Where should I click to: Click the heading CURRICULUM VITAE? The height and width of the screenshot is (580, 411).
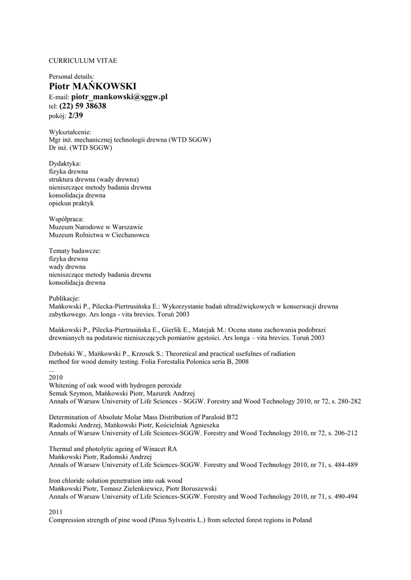tap(83, 60)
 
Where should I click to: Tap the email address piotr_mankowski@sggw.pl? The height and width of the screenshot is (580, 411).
tap(120, 97)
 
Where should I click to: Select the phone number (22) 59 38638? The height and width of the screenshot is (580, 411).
tap(83, 106)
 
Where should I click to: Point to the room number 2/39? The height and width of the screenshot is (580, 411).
tap(75, 116)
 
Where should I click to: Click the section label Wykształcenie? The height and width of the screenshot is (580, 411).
tap(70, 132)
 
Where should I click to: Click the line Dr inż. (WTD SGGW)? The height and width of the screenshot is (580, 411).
tap(80, 148)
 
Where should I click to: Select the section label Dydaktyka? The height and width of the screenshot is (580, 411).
tap(65, 163)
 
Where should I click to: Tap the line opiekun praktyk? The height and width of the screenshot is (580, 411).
tap(71, 203)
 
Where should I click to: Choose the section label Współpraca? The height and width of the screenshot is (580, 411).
tap(67, 219)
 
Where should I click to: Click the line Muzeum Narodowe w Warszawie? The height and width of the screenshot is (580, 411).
tap(96, 227)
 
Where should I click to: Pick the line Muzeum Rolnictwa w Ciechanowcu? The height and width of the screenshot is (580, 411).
tap(99, 234)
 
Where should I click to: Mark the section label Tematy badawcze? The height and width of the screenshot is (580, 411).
tap(75, 250)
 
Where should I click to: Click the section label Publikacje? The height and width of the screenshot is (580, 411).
tap(65, 298)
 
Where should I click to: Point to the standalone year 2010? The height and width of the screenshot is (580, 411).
tap(56, 377)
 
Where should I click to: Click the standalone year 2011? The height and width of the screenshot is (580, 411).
tap(56, 512)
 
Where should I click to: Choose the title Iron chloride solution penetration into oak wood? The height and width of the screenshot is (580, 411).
tap(116, 480)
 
